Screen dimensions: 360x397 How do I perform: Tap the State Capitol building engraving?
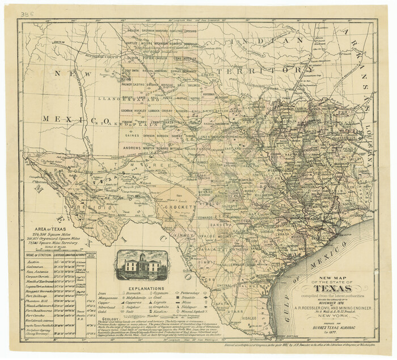[x=141, y=264]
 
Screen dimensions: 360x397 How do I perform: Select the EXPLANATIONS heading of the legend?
[x=142, y=287]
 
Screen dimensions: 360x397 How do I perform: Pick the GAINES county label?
[x=133, y=135]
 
